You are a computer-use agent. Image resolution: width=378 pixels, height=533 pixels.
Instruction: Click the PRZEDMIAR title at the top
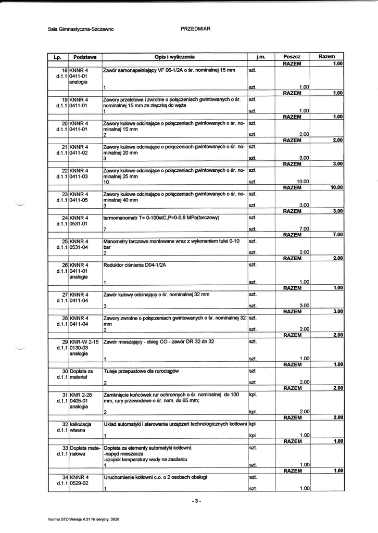click(x=195, y=29)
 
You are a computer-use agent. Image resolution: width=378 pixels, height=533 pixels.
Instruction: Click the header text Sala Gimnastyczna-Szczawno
click(x=81, y=30)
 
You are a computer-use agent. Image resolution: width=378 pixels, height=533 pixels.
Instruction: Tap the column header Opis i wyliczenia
click(x=174, y=56)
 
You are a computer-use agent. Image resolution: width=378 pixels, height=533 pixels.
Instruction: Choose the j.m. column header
click(x=261, y=56)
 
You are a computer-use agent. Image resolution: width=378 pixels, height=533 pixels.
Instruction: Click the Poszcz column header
click(x=292, y=56)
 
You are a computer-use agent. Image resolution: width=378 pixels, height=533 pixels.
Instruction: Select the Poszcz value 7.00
click(x=304, y=229)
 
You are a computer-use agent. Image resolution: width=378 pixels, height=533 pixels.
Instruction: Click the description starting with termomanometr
click(x=161, y=218)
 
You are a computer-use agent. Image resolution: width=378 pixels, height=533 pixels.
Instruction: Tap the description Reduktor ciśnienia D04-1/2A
click(x=134, y=265)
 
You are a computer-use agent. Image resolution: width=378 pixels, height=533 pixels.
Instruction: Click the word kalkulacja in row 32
click(x=81, y=424)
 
